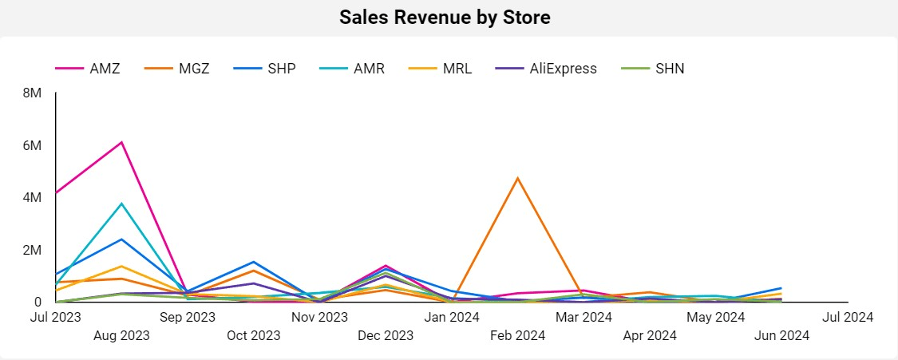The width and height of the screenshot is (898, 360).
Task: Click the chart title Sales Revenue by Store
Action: tap(445, 18)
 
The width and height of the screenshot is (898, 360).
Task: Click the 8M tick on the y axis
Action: tap(33, 93)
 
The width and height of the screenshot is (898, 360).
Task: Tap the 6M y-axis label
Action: tap(33, 146)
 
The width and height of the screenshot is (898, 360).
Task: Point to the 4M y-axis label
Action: tap(33, 198)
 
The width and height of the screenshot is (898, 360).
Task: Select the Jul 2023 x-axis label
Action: tap(56, 317)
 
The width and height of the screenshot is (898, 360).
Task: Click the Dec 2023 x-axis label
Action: tap(386, 335)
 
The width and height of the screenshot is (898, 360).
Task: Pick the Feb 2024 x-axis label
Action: tap(518, 335)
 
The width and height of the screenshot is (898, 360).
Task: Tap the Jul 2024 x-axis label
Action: tap(847, 317)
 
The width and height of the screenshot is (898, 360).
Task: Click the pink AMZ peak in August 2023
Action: tap(121, 142)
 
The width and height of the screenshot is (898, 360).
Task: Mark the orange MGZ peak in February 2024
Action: tap(518, 178)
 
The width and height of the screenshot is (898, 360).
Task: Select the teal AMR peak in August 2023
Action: tap(121, 204)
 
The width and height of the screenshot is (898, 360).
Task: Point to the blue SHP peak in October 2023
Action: tap(253, 262)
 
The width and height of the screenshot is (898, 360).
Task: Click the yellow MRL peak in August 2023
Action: tap(121, 266)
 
